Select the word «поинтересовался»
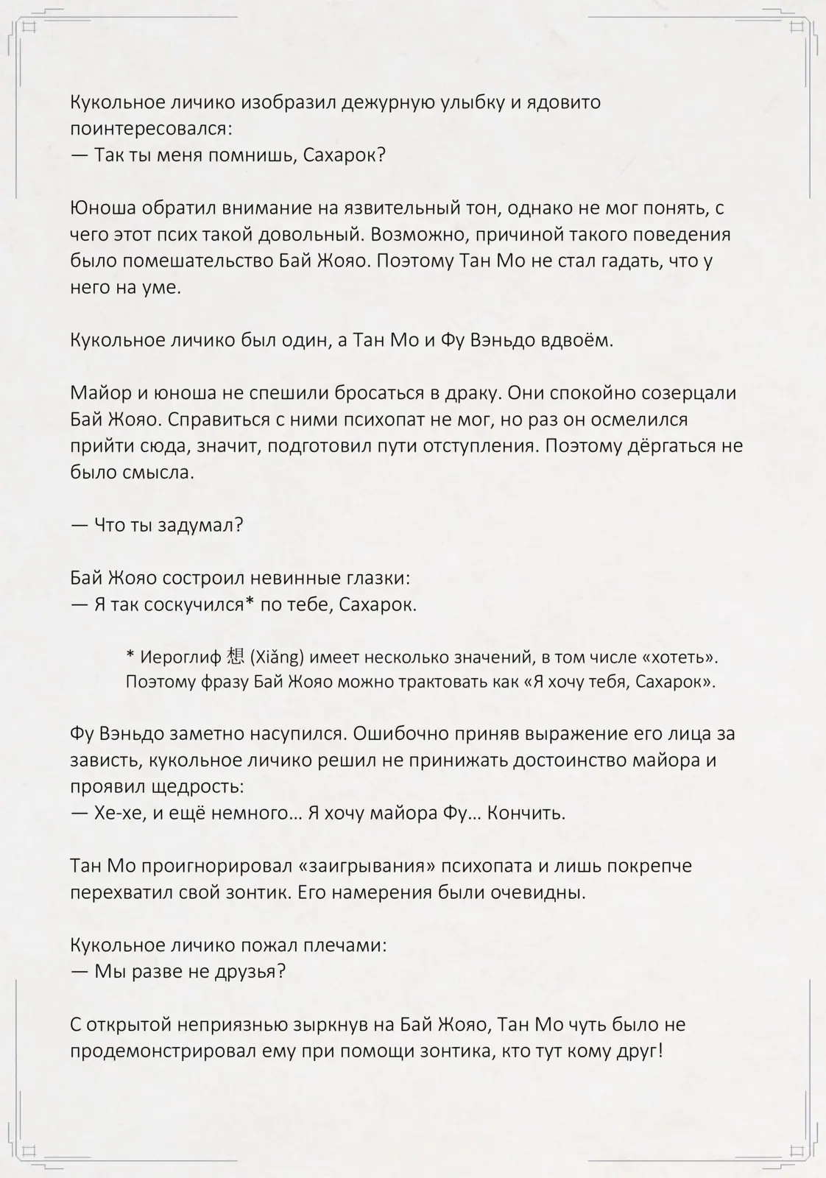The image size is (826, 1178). tap(149, 129)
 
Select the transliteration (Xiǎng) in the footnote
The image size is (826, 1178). tap(278, 657)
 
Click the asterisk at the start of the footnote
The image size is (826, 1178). tap(130, 656)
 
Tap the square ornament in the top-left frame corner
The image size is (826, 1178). tap(29, 27)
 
